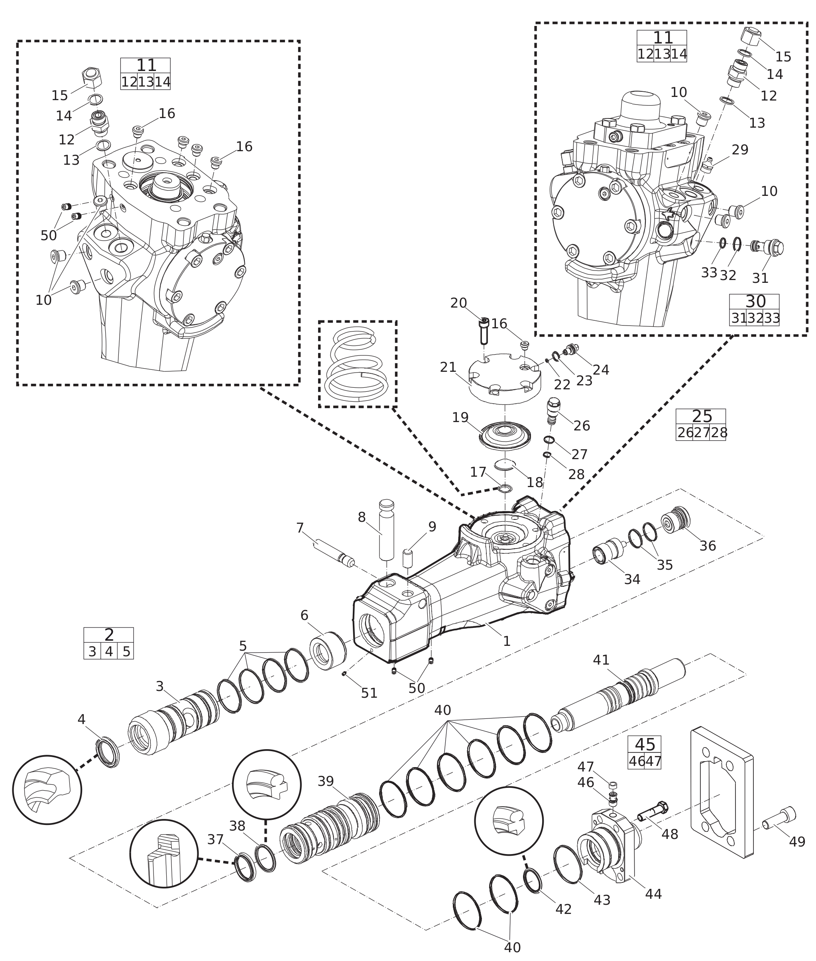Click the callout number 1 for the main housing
point(507,641)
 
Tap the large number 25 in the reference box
point(702,416)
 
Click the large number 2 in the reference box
point(109,635)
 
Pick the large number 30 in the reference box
point(755,301)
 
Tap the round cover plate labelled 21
point(505,377)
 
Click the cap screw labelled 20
point(484,332)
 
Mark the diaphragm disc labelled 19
point(505,435)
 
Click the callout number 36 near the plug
point(707,546)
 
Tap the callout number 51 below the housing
point(369,693)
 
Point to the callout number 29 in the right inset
point(740,150)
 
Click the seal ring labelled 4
point(107,752)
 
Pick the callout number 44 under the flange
point(653,894)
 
